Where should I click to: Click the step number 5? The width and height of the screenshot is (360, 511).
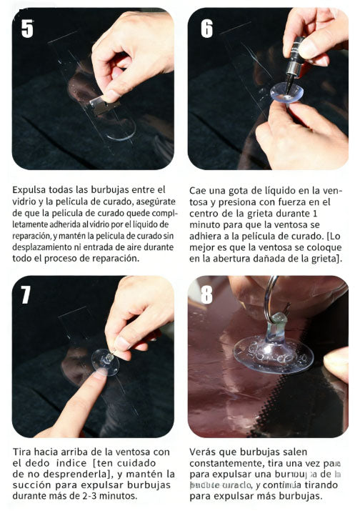(27, 29)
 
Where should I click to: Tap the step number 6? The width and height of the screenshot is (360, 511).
(206, 29)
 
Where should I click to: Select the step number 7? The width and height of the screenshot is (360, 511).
(27, 294)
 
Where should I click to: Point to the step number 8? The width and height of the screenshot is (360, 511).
(206, 294)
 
